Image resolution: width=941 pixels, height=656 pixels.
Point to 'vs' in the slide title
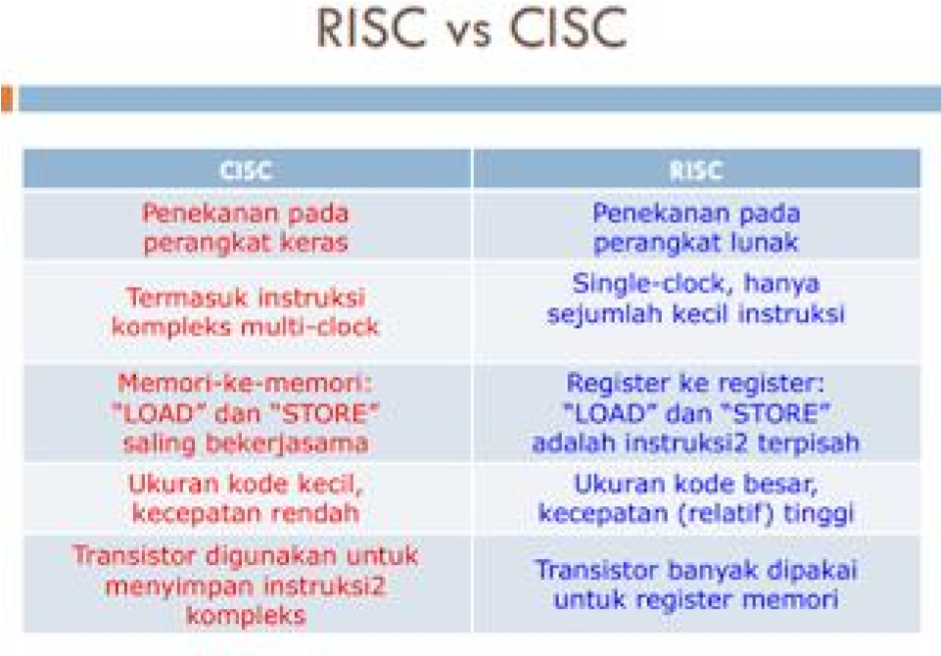(x=467, y=35)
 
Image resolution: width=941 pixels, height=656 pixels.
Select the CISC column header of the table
(x=246, y=170)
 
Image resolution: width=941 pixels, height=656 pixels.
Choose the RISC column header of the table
(x=696, y=170)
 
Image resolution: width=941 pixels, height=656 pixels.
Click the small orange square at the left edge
(x=6, y=98)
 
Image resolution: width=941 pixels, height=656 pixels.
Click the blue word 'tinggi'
(x=821, y=512)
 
